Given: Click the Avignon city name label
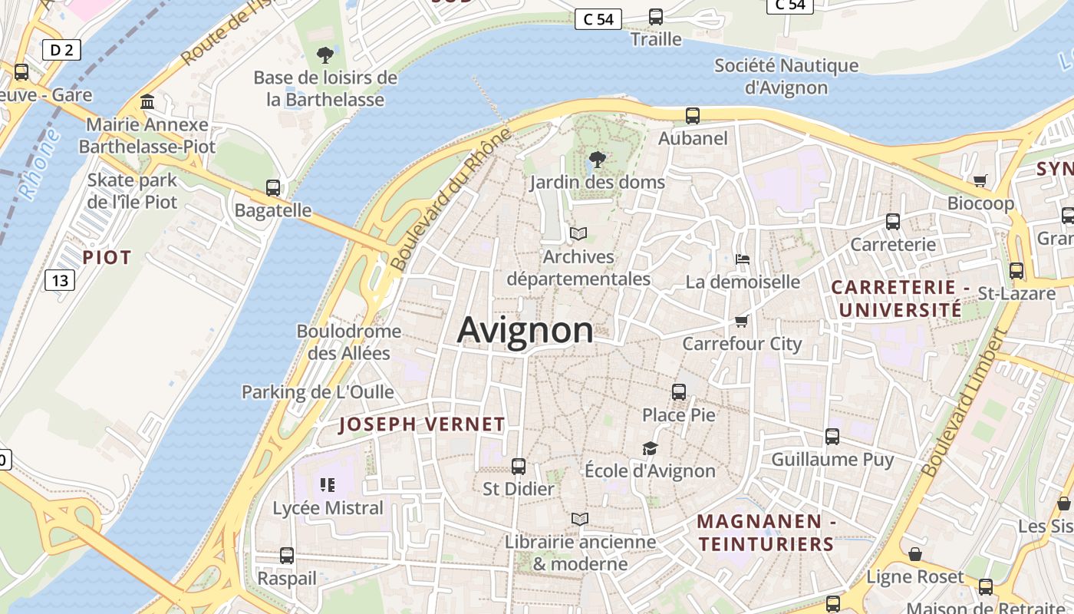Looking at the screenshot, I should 525,330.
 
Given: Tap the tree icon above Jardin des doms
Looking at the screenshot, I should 597,160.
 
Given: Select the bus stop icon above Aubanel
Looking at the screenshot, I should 693,116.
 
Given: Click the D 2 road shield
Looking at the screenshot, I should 61,51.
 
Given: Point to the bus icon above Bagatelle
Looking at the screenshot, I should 273,188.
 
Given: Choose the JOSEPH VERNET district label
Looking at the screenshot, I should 422,424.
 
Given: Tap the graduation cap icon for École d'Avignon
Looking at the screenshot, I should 650,448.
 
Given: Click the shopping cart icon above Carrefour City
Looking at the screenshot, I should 741,321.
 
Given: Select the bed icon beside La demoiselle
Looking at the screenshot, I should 742,259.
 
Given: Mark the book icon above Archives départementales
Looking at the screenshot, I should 578,233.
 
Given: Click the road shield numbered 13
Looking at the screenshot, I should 59,280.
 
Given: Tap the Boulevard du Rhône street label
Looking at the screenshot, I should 450,199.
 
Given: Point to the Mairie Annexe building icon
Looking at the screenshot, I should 147,102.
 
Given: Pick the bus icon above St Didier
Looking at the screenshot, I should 519,466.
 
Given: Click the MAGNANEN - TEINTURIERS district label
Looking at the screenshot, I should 765,533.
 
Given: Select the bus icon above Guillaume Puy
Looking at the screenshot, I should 832,437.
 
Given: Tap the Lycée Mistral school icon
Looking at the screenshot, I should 328,485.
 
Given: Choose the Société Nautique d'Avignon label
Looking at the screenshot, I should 786,76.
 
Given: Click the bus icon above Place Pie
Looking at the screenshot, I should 679,392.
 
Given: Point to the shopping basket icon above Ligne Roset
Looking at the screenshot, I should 914,554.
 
